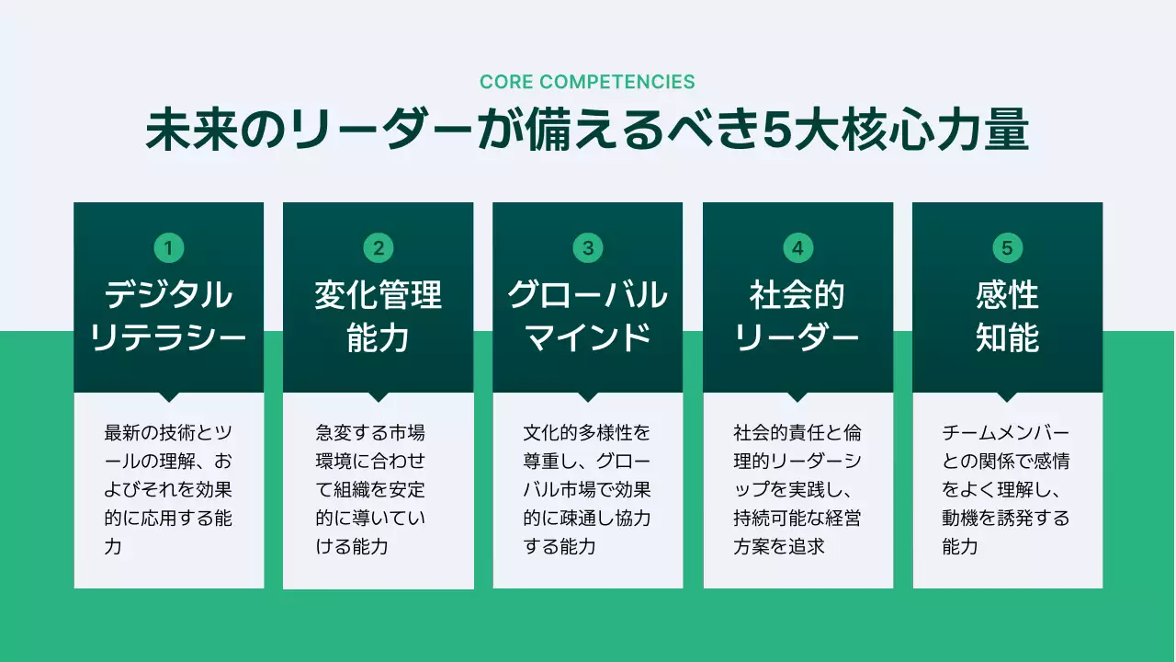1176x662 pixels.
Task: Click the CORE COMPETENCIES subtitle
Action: pyautogui.click(x=587, y=82)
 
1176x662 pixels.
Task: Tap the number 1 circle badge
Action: pyautogui.click(x=168, y=247)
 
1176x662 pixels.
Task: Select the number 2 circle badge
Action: pyautogui.click(x=378, y=247)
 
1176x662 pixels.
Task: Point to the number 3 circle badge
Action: pyautogui.click(x=588, y=247)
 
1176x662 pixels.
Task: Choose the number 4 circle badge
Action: pyautogui.click(x=797, y=247)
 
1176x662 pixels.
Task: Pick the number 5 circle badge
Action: pyautogui.click(x=1007, y=247)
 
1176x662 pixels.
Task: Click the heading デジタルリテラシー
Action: pyautogui.click(x=168, y=317)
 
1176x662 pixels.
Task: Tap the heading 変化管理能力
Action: pyautogui.click(x=378, y=317)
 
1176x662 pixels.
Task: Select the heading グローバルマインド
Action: pyautogui.click(x=588, y=317)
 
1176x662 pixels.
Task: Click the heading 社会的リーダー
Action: pyautogui.click(x=797, y=317)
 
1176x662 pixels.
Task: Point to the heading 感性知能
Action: pyautogui.click(x=1007, y=317)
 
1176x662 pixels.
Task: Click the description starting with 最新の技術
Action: pyautogui.click(x=168, y=489)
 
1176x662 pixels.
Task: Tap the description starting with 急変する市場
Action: pyautogui.click(x=371, y=489)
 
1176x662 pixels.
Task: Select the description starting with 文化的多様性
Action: pyautogui.click(x=587, y=489)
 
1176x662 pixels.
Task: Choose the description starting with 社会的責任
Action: pyautogui.click(x=797, y=489)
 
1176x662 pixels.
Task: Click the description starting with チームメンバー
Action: pyautogui.click(x=1006, y=489)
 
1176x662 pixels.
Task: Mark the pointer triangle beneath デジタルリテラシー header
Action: pyautogui.click(x=168, y=397)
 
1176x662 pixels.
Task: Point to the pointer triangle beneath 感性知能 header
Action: pyautogui.click(x=1007, y=397)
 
